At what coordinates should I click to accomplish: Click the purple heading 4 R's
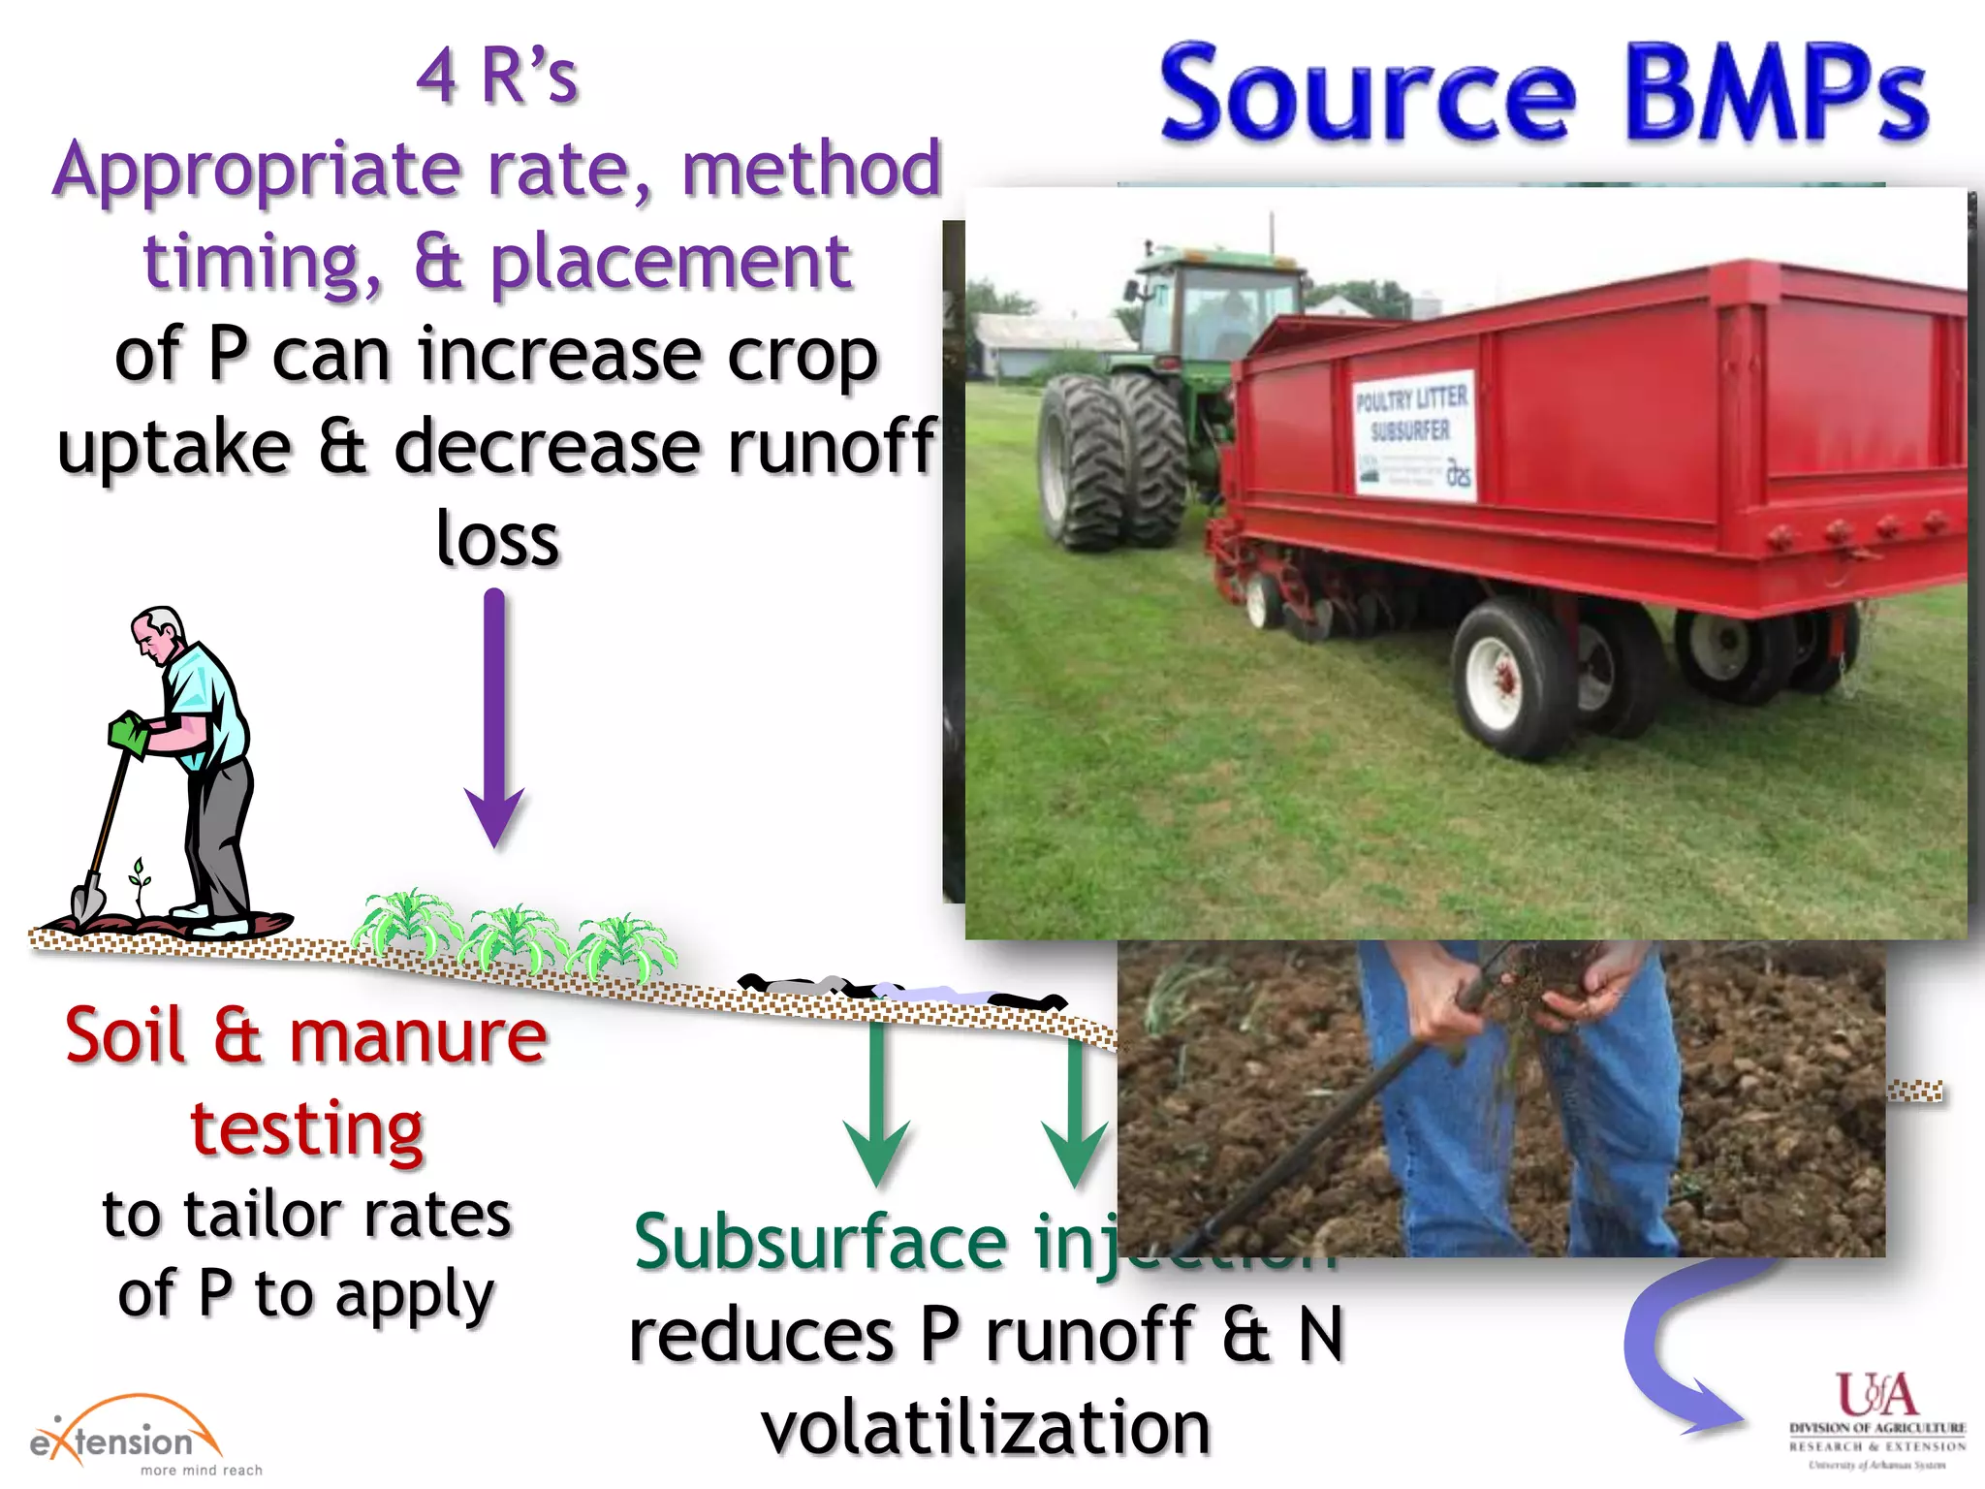pyautogui.click(x=497, y=76)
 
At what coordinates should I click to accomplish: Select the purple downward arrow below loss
pyautogui.click(x=494, y=717)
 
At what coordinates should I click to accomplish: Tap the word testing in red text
pyautogui.click(x=307, y=1128)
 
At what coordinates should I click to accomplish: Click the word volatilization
pyautogui.click(x=986, y=1427)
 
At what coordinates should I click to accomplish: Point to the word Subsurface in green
pyautogui.click(x=821, y=1243)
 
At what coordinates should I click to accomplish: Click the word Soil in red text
pyautogui.click(x=124, y=1035)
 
